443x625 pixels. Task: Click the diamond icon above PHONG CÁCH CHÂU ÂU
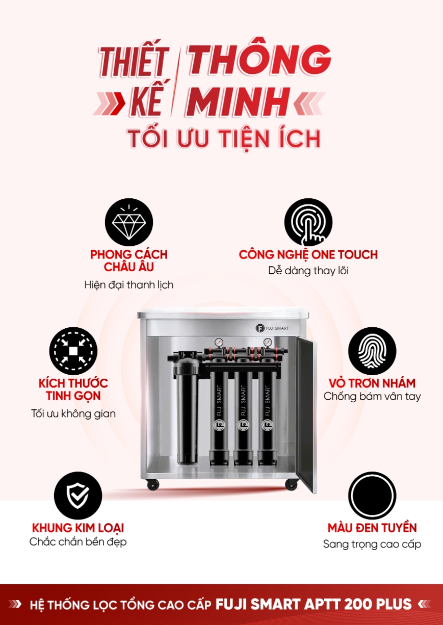129,222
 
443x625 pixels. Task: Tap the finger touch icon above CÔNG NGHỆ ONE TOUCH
308,222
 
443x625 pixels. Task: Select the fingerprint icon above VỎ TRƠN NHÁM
372,351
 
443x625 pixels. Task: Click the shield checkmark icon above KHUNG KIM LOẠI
78,496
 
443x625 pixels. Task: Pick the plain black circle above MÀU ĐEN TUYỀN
372,496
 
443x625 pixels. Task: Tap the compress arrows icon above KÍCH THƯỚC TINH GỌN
73,351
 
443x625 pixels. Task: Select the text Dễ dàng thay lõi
308,271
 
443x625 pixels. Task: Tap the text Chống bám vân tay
372,396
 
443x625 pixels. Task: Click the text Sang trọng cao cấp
372,544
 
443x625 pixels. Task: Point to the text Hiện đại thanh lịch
129,284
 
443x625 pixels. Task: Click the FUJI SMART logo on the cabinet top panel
272,328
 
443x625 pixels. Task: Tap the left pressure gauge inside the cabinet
218,343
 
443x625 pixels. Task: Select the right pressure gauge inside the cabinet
268,343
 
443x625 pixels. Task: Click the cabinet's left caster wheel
153,485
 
